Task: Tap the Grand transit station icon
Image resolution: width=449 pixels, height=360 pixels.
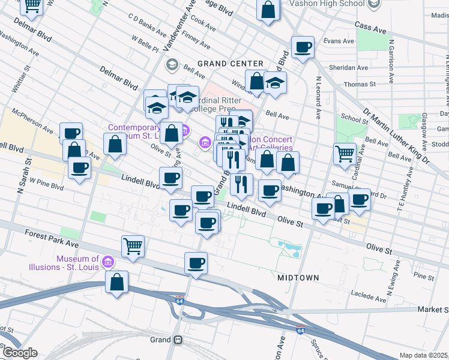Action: click(x=178, y=340)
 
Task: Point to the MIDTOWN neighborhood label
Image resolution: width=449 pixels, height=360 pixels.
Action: click(x=298, y=278)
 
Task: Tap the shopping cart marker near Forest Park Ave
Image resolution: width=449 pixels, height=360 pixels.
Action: click(x=132, y=245)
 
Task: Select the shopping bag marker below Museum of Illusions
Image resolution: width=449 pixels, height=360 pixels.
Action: click(x=116, y=281)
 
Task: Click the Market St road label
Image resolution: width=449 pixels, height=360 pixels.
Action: click(x=434, y=310)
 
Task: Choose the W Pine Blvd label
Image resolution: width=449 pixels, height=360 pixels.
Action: click(x=47, y=186)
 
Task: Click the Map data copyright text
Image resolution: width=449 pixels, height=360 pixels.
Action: click(x=424, y=355)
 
